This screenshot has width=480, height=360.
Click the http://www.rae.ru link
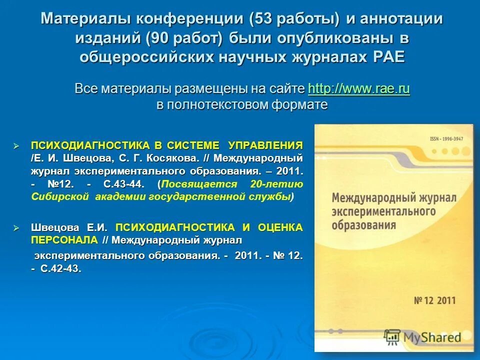coord(359,89)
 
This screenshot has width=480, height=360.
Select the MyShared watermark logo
coord(422,336)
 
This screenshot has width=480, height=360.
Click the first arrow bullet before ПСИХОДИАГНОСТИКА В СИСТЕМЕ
coord(16,146)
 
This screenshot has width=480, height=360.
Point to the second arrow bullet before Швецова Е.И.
coord(16,228)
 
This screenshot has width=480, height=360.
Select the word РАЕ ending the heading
coord(389,57)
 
